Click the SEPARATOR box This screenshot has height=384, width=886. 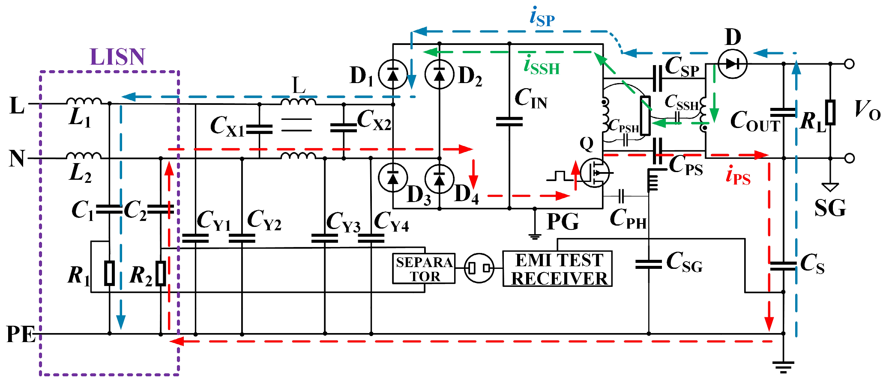424,269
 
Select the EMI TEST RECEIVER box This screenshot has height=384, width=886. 557,269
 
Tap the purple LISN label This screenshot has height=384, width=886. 117,57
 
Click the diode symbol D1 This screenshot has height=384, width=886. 393,74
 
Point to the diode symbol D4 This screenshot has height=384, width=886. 439,179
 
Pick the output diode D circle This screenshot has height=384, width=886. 732,64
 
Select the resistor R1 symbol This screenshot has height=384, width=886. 110,273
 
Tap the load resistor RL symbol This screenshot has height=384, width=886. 830,112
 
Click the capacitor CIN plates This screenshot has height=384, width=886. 509,122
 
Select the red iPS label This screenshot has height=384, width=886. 738,176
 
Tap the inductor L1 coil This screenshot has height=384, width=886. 84,101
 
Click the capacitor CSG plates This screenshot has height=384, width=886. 649,264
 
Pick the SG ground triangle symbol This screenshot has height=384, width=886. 830,187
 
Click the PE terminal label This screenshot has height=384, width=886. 21,334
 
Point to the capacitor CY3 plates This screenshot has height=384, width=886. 325,238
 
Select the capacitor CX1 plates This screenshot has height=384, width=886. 259,129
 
